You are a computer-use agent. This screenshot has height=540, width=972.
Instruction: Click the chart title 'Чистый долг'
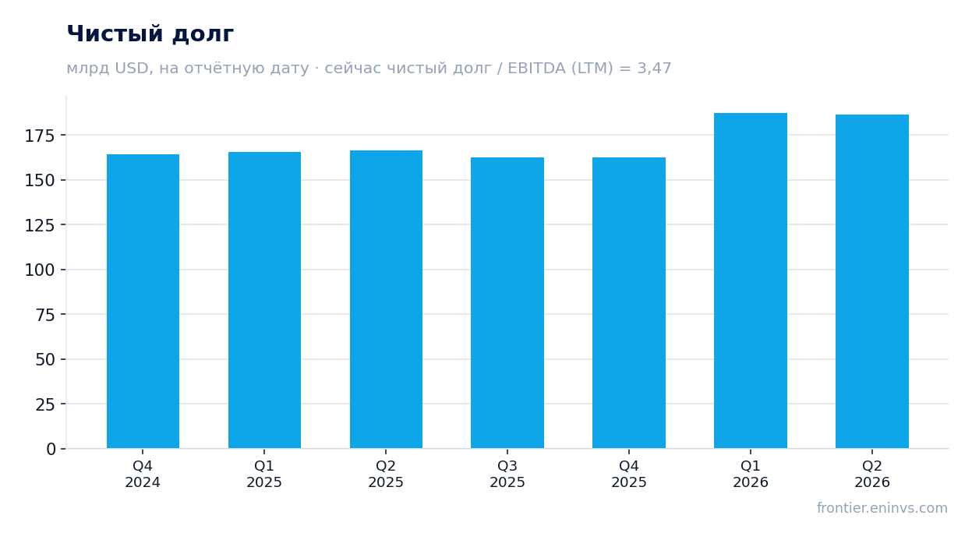pyautogui.click(x=150, y=34)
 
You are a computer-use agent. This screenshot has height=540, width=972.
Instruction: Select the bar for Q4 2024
pyautogui.click(x=143, y=301)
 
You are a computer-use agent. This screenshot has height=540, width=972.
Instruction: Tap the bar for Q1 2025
pyautogui.click(x=264, y=300)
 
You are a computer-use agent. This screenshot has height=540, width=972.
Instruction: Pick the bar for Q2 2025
pyautogui.click(x=386, y=299)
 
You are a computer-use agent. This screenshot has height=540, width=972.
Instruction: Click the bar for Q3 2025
pyautogui.click(x=507, y=303)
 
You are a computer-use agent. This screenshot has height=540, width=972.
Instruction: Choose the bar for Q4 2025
pyautogui.click(x=629, y=303)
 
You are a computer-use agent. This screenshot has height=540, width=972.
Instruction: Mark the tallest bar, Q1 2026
pyautogui.click(x=751, y=281)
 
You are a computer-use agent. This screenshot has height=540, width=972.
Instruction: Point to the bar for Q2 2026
pyautogui.click(x=871, y=281)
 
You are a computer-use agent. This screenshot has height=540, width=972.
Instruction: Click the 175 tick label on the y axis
pyautogui.click(x=40, y=136)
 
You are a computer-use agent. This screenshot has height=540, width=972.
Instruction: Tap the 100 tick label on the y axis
pyautogui.click(x=40, y=270)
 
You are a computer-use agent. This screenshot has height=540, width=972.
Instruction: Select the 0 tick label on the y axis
pyautogui.click(x=51, y=450)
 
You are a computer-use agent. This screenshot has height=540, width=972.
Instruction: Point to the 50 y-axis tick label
pyautogui.click(x=45, y=359)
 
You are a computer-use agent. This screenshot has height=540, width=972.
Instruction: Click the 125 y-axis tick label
pyautogui.click(x=40, y=225)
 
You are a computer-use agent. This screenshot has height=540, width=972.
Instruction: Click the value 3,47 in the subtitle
pyautogui.click(x=654, y=69)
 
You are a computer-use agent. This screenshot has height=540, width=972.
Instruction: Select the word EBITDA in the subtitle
pyautogui.click(x=536, y=68)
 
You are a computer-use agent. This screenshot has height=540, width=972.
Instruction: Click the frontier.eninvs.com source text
pyautogui.click(x=882, y=508)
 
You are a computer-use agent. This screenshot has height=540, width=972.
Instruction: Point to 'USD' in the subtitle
pyautogui.click(x=132, y=69)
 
